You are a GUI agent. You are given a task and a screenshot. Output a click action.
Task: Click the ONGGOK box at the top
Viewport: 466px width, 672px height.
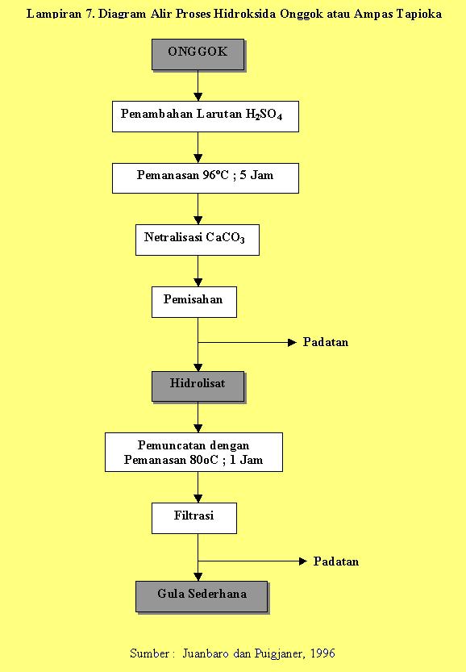[x=198, y=54]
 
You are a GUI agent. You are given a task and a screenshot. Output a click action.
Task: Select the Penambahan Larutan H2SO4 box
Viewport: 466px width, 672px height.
[x=206, y=116]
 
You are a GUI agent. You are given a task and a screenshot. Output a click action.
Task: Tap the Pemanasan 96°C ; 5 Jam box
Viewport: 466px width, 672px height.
[x=206, y=177]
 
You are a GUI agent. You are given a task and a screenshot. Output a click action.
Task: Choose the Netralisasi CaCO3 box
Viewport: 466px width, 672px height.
[x=198, y=240]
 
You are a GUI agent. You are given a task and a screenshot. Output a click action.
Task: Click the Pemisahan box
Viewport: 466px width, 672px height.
[x=194, y=303]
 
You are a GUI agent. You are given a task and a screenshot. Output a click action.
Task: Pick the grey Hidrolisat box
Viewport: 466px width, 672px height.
[x=198, y=386]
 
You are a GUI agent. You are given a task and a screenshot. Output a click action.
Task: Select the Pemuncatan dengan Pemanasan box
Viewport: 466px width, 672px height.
[x=193, y=452]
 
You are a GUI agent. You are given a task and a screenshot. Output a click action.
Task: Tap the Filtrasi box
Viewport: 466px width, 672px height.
[x=194, y=518]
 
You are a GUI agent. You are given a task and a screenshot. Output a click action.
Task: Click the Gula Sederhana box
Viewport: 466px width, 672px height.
[x=202, y=597]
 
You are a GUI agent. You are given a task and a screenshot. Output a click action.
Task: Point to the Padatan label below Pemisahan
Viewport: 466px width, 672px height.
[x=326, y=342]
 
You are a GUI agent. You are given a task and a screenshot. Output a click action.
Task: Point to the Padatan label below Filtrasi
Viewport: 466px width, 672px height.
[x=336, y=561]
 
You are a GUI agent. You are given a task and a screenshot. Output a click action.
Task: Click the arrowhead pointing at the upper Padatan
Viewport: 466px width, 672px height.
[x=293, y=342]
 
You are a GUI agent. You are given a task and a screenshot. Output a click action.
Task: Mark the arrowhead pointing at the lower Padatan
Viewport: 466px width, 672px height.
[x=303, y=561]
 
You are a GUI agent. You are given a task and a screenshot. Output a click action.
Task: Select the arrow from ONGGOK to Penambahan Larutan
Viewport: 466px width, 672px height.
[x=198, y=86]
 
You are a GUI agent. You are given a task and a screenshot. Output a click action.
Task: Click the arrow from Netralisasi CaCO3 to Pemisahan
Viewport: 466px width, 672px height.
[x=198, y=271]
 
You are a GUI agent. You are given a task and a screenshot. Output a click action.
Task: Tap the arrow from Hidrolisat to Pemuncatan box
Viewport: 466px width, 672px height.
[x=198, y=417]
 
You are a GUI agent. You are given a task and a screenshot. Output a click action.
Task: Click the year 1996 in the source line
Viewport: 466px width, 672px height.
[x=322, y=653]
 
